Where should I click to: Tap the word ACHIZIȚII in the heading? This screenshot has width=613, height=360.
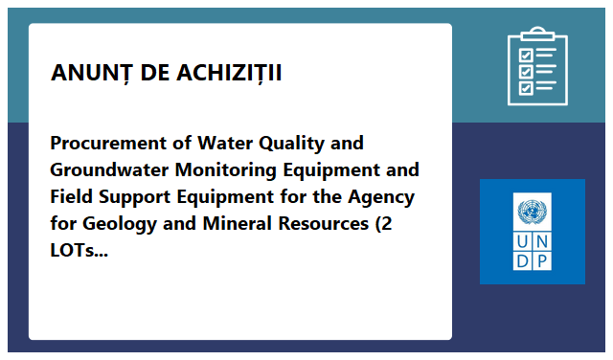[x=229, y=73]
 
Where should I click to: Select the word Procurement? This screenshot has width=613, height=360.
[x=109, y=143]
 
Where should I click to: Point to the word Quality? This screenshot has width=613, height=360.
[x=291, y=144]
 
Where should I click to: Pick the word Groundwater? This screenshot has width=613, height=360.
[x=109, y=170]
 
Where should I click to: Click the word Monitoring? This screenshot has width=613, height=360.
[x=226, y=170]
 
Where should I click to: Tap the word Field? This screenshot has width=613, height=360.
[x=72, y=196]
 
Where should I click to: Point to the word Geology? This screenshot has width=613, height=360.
[x=120, y=225]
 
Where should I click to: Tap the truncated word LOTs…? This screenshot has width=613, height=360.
[x=79, y=251]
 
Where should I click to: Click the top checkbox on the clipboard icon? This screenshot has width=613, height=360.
[x=526, y=55]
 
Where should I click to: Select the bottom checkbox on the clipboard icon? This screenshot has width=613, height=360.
[x=526, y=88]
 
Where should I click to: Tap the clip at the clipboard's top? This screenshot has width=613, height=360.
[x=537, y=34]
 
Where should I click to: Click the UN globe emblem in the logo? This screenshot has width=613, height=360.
[x=533, y=212]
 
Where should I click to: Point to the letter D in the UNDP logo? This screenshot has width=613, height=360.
[x=522, y=261]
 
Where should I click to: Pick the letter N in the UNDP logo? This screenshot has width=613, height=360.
[x=542, y=242]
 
